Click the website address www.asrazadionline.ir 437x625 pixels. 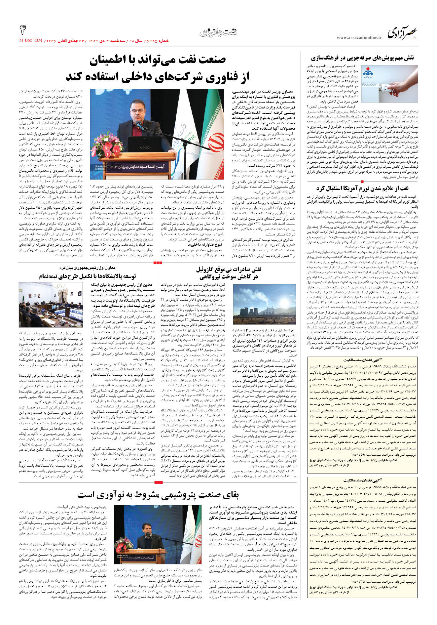point(359,38)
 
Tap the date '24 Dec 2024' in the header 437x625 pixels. point(31,41)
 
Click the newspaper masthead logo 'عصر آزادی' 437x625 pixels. point(402,32)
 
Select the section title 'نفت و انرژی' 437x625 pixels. point(218,32)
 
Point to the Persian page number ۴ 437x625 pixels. point(23,30)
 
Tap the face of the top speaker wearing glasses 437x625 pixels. point(135,108)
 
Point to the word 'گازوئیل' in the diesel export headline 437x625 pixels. point(207,269)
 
